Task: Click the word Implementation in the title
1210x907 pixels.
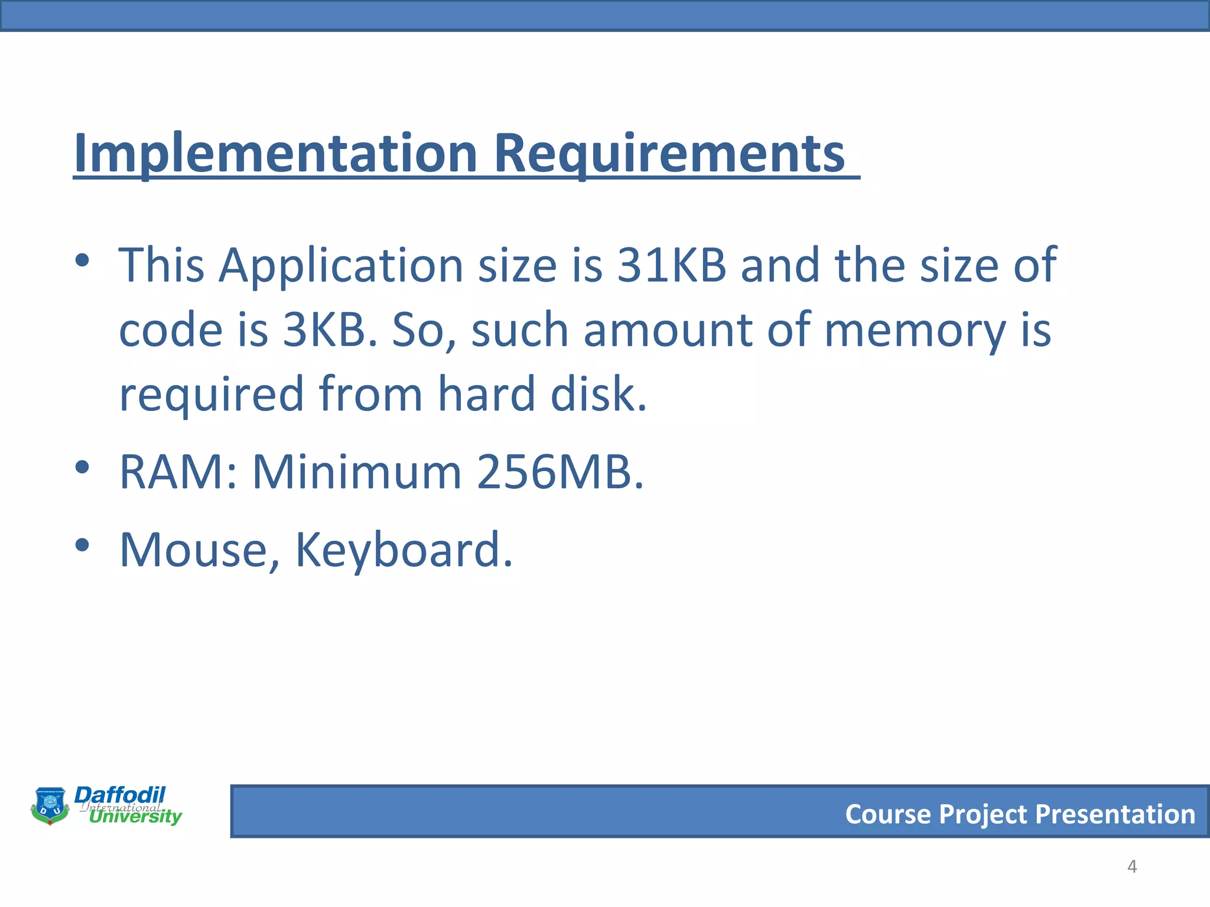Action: (x=275, y=154)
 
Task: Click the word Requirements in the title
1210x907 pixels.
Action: (x=669, y=154)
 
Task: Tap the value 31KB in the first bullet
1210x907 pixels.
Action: (x=672, y=265)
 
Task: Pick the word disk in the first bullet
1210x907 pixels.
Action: (x=598, y=394)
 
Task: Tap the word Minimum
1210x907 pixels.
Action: (x=357, y=472)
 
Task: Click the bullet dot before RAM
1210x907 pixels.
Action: (x=82, y=468)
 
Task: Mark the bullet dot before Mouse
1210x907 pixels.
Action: (x=82, y=546)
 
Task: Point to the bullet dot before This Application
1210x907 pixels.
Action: (x=82, y=260)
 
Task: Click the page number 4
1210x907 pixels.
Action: (x=1132, y=866)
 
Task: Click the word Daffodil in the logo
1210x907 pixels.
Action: (x=120, y=795)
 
